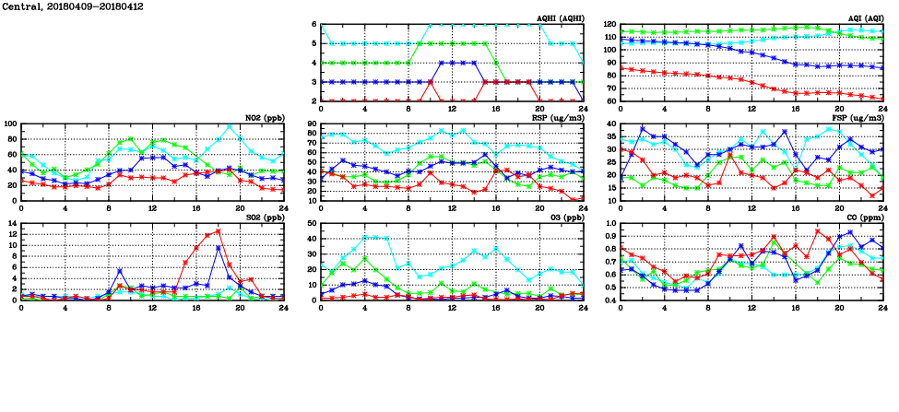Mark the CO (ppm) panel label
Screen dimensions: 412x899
[x=861, y=218]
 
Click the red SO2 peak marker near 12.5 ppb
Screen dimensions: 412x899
[x=218, y=230]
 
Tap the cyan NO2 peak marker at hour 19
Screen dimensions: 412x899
[x=229, y=126]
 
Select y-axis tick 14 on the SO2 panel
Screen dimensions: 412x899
[x=13, y=223]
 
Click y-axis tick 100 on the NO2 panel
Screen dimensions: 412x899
[x=10, y=124]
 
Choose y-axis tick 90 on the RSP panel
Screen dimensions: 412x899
[x=311, y=124]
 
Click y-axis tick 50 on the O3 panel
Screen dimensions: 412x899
[x=311, y=223]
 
